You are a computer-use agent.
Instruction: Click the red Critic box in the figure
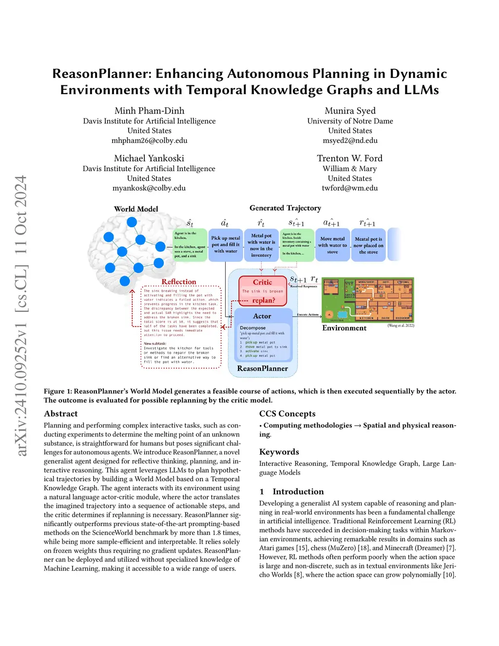(262, 291)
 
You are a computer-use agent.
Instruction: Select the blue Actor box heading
(262, 316)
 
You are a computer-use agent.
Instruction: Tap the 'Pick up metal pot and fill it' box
(225, 245)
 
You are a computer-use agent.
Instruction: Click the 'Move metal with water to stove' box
(332, 245)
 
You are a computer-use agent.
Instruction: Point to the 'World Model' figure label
(136, 209)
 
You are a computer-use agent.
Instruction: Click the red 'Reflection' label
(179, 282)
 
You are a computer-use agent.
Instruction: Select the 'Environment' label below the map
(344, 328)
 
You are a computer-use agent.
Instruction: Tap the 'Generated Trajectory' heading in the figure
(285, 208)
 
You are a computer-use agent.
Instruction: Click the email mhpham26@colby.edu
(149, 140)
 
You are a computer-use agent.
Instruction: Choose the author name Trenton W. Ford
(349, 158)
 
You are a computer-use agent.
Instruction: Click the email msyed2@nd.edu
(350, 140)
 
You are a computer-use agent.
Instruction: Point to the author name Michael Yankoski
(149, 158)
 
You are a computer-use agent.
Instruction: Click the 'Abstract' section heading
(61, 414)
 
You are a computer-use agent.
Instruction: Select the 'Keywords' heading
(279, 452)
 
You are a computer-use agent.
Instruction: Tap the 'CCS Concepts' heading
(287, 414)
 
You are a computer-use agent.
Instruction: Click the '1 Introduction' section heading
(291, 491)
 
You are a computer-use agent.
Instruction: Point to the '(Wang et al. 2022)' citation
(401, 325)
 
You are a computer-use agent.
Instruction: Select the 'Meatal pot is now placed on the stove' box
(368, 245)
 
